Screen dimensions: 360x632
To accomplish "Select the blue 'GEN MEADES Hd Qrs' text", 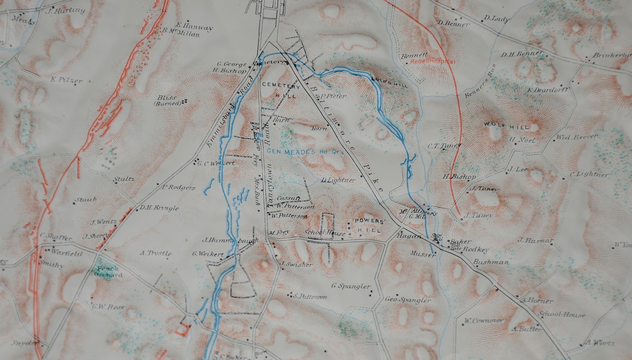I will pos(305,152).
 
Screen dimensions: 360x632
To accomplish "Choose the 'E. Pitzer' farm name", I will pos(66,80).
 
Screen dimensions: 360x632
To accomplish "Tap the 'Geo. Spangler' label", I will pos(408,300).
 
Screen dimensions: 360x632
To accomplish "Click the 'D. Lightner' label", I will pos(338,180).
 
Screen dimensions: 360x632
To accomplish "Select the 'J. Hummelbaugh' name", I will pos(230,241).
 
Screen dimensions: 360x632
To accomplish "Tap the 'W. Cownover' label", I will pos(483,321).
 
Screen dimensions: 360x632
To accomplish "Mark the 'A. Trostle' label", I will pos(156,253).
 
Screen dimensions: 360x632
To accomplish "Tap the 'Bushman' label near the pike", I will pos(491,262).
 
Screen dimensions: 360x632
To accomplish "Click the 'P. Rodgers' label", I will pos(179,187).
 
